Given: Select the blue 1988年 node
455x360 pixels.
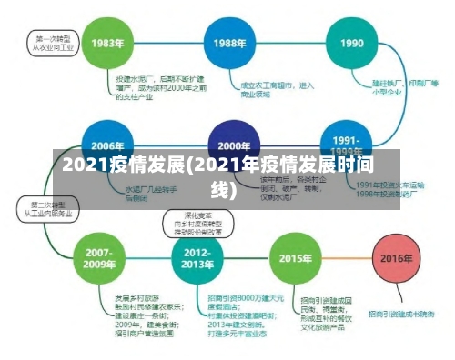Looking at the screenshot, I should (x=229, y=43).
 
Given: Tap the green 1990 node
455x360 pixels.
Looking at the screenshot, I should (x=351, y=43).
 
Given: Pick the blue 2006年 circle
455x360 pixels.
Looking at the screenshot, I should (x=107, y=145).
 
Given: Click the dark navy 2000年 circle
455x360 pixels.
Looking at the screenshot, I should (x=233, y=145).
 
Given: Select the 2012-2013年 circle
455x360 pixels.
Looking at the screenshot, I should (x=197, y=256).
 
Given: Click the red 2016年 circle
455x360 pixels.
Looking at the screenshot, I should (x=396, y=257).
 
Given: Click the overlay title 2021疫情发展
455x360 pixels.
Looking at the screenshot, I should (x=227, y=176).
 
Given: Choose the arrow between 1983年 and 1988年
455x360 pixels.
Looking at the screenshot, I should (x=169, y=43).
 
